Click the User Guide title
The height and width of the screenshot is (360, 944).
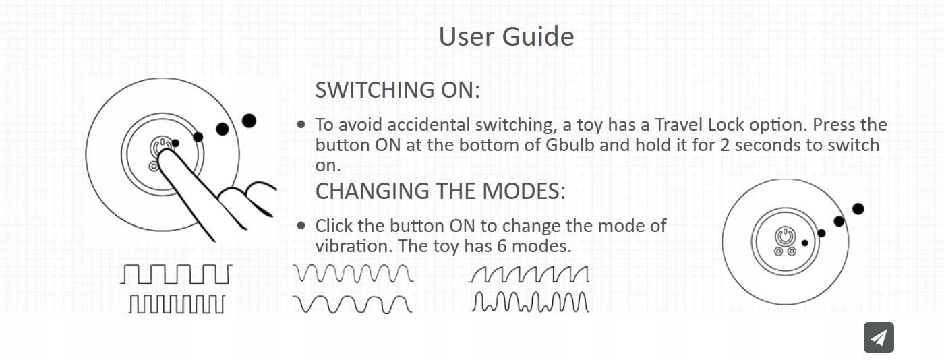506,36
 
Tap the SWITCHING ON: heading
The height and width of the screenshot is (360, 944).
397,90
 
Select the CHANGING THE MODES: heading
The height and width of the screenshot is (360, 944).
440,191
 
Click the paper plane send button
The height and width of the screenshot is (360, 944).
879,337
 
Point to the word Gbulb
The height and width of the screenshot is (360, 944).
570,145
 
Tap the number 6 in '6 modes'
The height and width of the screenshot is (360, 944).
502,246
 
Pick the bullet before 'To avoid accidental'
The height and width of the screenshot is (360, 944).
301,124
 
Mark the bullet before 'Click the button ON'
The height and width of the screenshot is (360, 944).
301,226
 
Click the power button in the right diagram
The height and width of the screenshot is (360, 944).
785,237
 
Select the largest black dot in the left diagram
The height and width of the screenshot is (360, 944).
249,121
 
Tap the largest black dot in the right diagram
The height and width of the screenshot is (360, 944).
858,209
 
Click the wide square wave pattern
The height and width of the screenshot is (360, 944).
176,274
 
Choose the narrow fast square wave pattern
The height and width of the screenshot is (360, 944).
177,304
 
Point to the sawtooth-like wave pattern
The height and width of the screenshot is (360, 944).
529,274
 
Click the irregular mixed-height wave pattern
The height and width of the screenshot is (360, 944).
530,302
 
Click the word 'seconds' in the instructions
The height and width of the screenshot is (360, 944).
767,145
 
